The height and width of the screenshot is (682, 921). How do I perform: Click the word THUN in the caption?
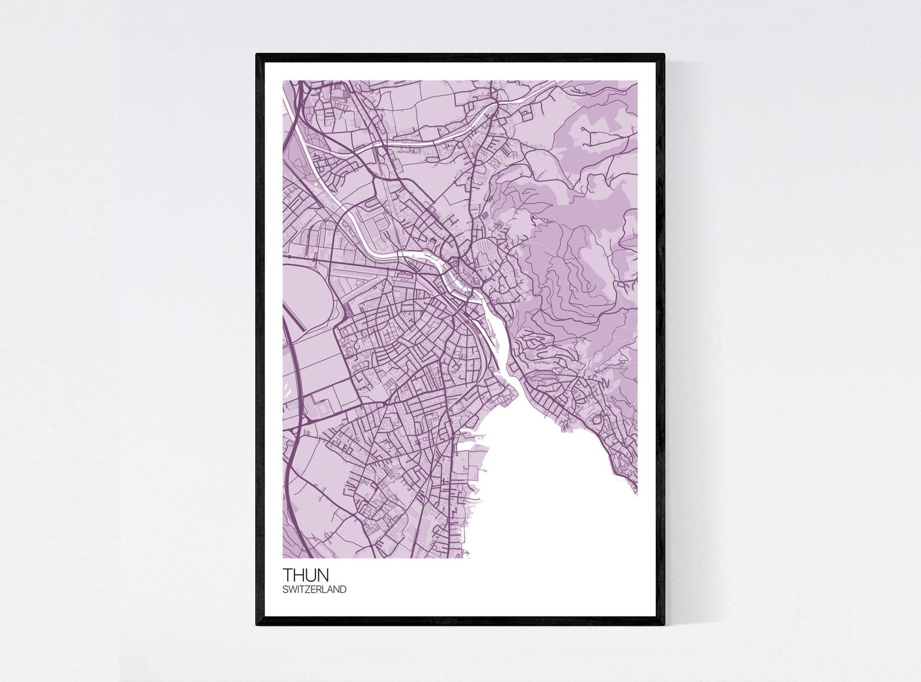coord(306,575)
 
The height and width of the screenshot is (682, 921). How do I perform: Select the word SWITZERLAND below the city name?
coord(314,590)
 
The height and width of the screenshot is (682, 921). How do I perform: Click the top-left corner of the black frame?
coord(258,55)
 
